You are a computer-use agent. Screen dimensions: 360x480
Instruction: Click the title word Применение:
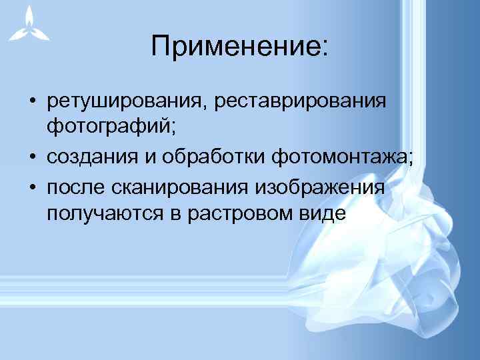tap(239, 47)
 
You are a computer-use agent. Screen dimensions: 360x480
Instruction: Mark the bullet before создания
tap(31, 157)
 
